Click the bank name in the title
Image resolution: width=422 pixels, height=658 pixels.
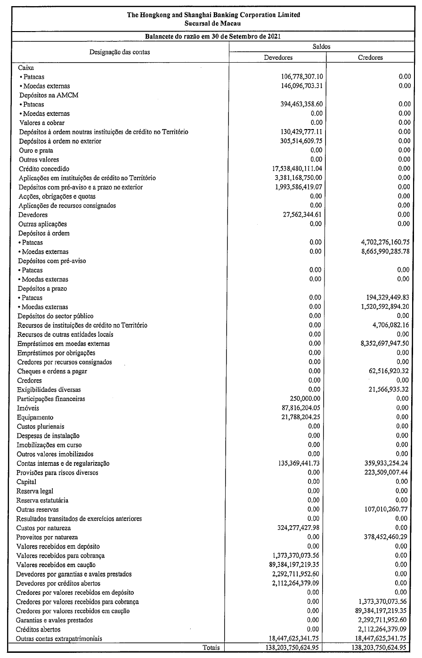click(213, 15)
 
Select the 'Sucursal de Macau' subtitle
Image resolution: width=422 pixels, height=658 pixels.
click(213, 23)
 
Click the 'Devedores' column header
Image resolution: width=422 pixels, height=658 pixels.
click(278, 57)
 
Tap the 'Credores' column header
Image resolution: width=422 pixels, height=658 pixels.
click(370, 57)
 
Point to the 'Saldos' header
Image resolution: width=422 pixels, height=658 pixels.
click(322, 47)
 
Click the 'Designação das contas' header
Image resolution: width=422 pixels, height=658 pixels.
click(119, 52)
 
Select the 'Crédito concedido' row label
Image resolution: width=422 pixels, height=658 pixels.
click(44, 169)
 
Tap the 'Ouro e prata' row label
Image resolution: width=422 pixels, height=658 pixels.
click(36, 150)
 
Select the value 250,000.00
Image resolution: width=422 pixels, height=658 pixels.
click(302, 399)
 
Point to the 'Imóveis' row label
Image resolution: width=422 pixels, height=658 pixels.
click(28, 408)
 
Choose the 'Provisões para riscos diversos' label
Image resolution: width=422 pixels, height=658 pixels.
click(57, 472)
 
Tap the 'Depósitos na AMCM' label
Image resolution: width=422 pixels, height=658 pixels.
click(48, 95)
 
